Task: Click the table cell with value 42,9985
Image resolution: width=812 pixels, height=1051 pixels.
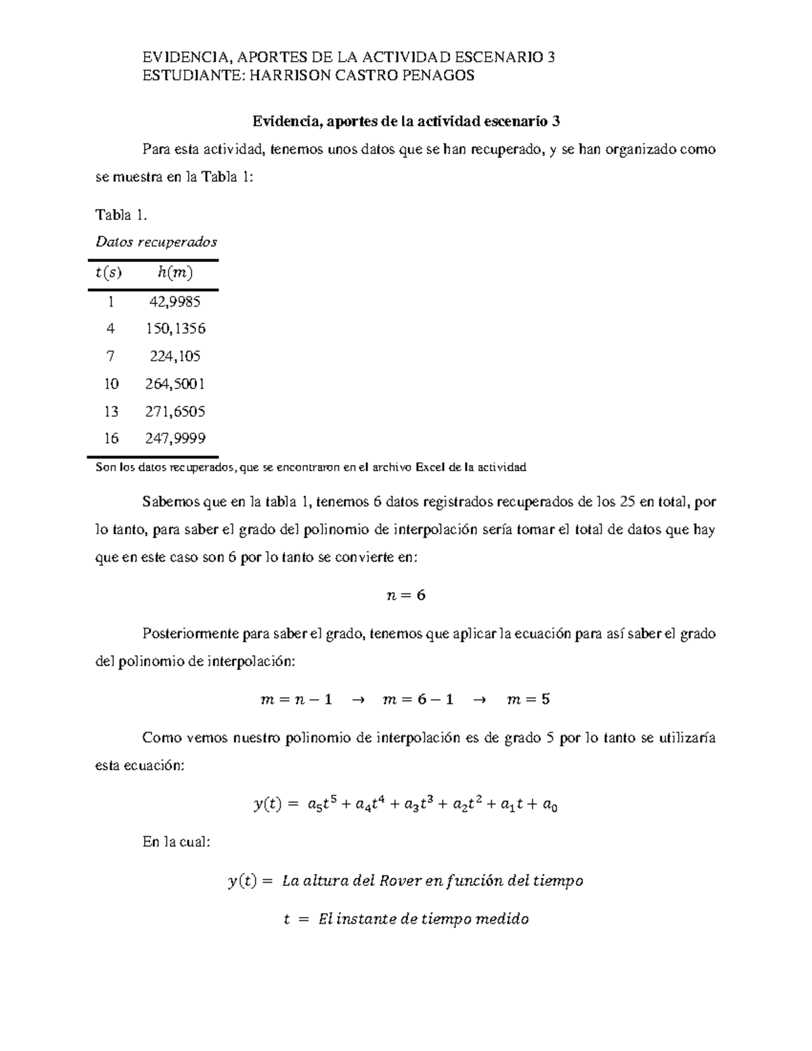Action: click(175, 301)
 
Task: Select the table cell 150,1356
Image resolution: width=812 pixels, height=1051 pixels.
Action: click(175, 329)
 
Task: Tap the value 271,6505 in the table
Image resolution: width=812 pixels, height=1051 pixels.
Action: click(175, 411)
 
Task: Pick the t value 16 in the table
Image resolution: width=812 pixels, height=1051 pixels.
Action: click(111, 439)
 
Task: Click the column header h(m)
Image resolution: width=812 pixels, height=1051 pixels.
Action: click(175, 273)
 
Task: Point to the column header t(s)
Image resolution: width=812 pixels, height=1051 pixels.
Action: click(108, 273)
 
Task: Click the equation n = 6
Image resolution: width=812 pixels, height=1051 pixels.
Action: click(405, 596)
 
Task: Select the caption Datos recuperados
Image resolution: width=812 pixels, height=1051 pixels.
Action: click(156, 242)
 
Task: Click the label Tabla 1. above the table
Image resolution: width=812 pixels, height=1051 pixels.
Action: click(120, 215)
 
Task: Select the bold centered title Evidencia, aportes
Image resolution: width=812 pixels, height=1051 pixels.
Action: click(405, 121)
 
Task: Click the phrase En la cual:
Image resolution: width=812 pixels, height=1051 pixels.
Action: click(177, 843)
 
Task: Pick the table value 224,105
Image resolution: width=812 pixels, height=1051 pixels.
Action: click(175, 356)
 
